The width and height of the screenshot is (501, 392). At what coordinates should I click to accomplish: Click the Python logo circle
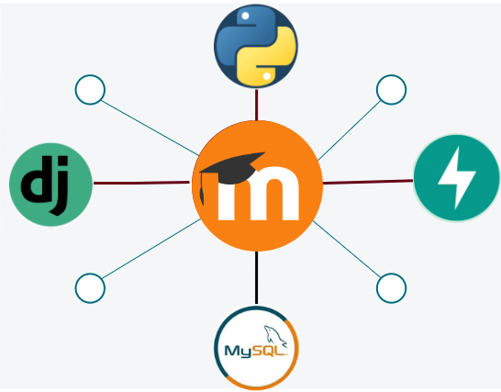pos(256,46)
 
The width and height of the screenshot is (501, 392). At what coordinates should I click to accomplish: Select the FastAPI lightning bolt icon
pos(457,178)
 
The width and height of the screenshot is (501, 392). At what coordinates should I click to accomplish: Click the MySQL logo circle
pos(256,348)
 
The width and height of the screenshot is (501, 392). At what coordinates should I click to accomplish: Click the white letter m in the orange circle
pos(258,194)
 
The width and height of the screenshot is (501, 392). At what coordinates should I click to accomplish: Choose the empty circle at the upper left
pos(90,90)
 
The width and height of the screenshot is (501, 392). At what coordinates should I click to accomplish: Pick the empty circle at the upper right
pos(392,90)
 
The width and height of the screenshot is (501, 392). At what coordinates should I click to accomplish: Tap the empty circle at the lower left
pos(90,288)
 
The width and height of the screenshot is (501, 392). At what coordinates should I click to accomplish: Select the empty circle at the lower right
pos(392,288)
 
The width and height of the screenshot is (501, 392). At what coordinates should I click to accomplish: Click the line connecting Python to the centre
pos(257,105)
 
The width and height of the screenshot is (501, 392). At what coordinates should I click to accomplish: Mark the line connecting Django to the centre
pos(141,183)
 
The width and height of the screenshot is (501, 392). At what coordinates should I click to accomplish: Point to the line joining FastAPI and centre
pos(368,182)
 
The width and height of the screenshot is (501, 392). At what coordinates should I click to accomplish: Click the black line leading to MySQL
pos(256,277)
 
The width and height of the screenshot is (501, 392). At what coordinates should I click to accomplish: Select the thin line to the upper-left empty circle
pos(150,128)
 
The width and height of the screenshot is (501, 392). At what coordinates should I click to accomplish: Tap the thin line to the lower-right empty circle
pos(347,249)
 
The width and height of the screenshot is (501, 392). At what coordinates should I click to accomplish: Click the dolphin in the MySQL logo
pos(274,336)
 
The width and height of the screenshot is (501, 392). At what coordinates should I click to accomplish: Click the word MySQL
pos(256,351)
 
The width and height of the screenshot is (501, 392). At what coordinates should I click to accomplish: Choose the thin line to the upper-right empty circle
pos(350,130)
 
